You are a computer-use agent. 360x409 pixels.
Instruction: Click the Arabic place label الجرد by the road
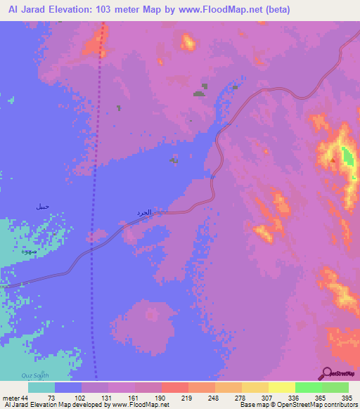pyautogui.click(x=143, y=212)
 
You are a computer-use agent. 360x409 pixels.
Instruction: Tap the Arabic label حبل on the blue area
pyautogui.click(x=43, y=208)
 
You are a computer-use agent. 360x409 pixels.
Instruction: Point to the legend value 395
pyautogui.click(x=345, y=398)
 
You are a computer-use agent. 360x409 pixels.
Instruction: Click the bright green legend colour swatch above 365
pyautogui.click(x=308, y=387)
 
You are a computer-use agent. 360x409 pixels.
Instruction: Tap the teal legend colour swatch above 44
pyautogui.click(x=41, y=387)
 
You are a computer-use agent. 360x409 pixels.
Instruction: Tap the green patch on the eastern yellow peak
pyautogui.click(x=346, y=157)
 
